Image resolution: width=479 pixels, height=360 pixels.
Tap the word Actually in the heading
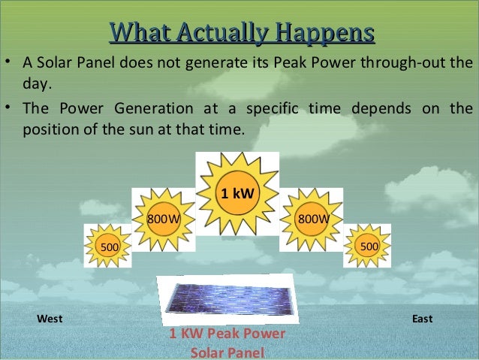click(x=224, y=33)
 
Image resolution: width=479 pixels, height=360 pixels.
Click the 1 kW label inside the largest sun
click(x=237, y=193)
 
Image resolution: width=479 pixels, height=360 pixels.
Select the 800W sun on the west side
click(x=164, y=219)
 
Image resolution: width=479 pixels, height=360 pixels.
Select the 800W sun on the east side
click(x=312, y=219)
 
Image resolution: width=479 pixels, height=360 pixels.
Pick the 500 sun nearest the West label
click(x=108, y=246)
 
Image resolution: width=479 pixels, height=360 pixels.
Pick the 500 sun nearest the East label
click(x=367, y=246)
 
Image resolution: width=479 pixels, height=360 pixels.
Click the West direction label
click(x=50, y=319)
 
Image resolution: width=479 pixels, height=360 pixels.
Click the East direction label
click(x=422, y=319)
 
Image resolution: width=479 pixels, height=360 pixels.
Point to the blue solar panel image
click(x=228, y=299)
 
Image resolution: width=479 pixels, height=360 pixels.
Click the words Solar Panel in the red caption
click(x=227, y=352)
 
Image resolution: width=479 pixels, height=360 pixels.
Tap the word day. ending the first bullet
click(x=37, y=84)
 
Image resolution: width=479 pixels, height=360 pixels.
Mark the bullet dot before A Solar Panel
click(x=8, y=62)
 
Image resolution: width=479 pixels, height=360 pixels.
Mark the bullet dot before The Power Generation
click(x=8, y=107)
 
